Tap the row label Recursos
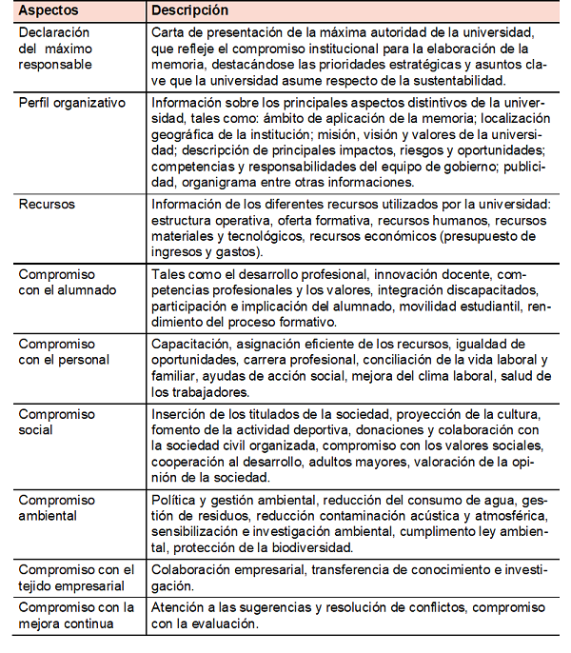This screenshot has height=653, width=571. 47,204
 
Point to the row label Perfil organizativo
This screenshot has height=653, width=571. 71,103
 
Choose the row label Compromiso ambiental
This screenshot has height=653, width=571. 57,506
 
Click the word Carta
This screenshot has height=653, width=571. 169,32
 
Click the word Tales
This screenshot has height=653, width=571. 169,274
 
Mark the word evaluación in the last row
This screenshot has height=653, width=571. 225,623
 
